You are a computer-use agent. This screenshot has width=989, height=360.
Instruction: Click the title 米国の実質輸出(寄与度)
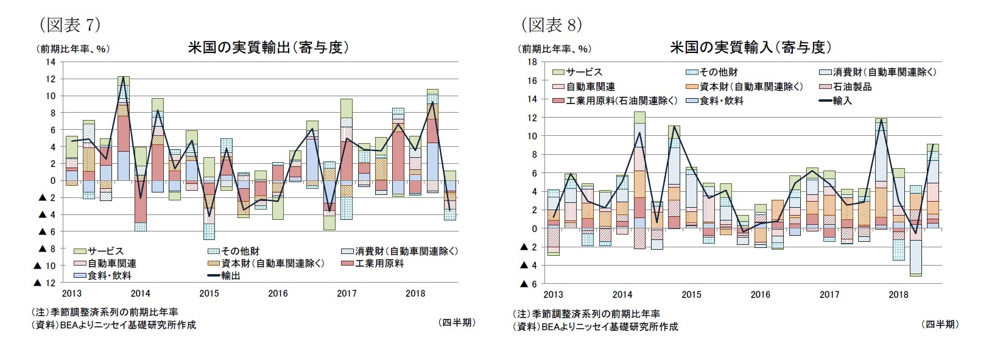(x=269, y=48)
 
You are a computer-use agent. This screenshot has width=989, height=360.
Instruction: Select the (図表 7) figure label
(x=69, y=25)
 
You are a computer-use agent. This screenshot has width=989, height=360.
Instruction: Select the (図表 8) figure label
(x=551, y=25)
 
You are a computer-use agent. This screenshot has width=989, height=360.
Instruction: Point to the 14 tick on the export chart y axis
(x=51, y=62)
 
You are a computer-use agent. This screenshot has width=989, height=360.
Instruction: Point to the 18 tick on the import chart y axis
(x=532, y=62)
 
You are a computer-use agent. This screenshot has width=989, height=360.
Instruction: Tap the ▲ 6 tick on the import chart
(x=527, y=284)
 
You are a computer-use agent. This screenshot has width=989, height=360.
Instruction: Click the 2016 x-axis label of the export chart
(x=278, y=294)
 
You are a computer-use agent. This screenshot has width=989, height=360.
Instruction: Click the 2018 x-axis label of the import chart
(x=898, y=295)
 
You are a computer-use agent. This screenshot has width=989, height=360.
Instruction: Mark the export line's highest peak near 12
(x=124, y=77)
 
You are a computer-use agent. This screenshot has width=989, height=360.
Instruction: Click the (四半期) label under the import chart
(x=940, y=325)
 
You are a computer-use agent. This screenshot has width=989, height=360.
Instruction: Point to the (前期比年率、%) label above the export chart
(x=73, y=49)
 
